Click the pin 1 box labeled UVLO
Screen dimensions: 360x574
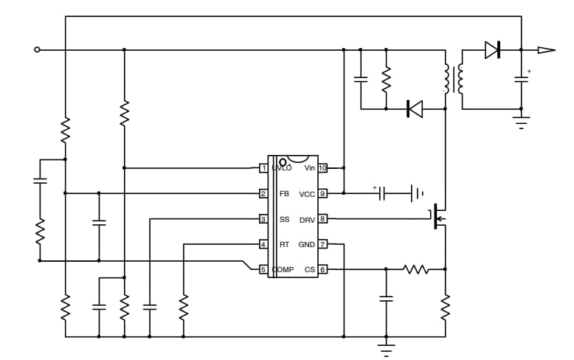click(263, 168)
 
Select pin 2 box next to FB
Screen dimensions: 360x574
click(263, 194)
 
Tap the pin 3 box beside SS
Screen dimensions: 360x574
click(263, 219)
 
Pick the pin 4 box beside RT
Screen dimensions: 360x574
click(263, 244)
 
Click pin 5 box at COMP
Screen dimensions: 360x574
click(263, 269)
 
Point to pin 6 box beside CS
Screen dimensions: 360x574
click(322, 269)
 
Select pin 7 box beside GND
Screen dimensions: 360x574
click(322, 244)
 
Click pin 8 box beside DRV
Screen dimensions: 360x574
click(322, 219)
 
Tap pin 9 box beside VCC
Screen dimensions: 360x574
click(322, 194)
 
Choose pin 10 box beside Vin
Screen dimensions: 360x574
click(322, 168)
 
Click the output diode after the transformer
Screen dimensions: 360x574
click(492, 50)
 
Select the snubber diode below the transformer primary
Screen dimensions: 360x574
click(415, 109)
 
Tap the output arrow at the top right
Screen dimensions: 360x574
click(545, 50)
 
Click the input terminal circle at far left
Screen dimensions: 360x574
click(38, 50)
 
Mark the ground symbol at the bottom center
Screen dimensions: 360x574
click(385, 345)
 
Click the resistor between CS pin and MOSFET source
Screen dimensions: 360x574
click(416, 269)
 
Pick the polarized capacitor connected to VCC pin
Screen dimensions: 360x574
click(382, 194)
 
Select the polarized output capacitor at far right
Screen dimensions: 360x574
click(522, 79)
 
